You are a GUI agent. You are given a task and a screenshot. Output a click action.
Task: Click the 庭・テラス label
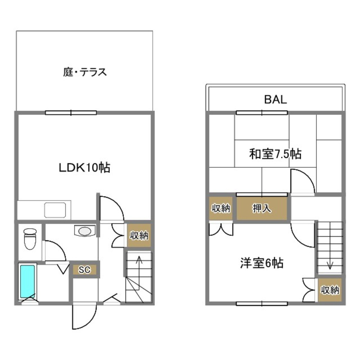point(85,72)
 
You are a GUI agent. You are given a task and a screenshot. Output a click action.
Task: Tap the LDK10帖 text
point(84,167)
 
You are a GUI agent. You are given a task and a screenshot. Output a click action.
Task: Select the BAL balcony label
point(275,99)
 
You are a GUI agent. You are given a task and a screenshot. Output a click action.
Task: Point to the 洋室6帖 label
point(262,263)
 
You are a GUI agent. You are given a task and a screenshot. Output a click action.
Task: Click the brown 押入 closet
point(262,208)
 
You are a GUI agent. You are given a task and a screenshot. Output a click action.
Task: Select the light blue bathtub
point(27,281)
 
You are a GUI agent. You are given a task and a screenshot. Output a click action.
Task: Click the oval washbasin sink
point(85,231)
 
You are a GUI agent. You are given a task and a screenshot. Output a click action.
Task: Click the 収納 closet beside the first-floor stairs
point(139,235)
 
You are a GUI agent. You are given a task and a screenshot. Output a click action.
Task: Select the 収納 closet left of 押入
point(221,208)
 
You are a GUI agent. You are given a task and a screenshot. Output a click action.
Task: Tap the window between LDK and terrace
point(71,113)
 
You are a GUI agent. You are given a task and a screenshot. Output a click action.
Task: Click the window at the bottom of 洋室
point(262,303)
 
